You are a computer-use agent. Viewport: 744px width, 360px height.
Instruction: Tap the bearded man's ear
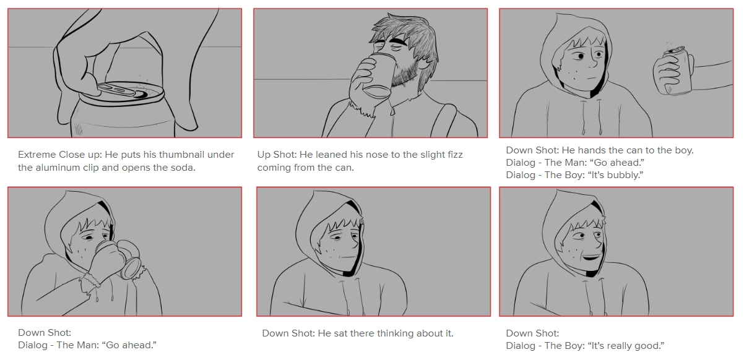tap(424, 62)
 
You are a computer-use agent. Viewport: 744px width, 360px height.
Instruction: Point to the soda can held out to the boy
tap(678, 71)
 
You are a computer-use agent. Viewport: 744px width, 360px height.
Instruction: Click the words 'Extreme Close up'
tap(60, 155)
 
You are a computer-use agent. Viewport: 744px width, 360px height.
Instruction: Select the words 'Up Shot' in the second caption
tap(277, 155)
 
